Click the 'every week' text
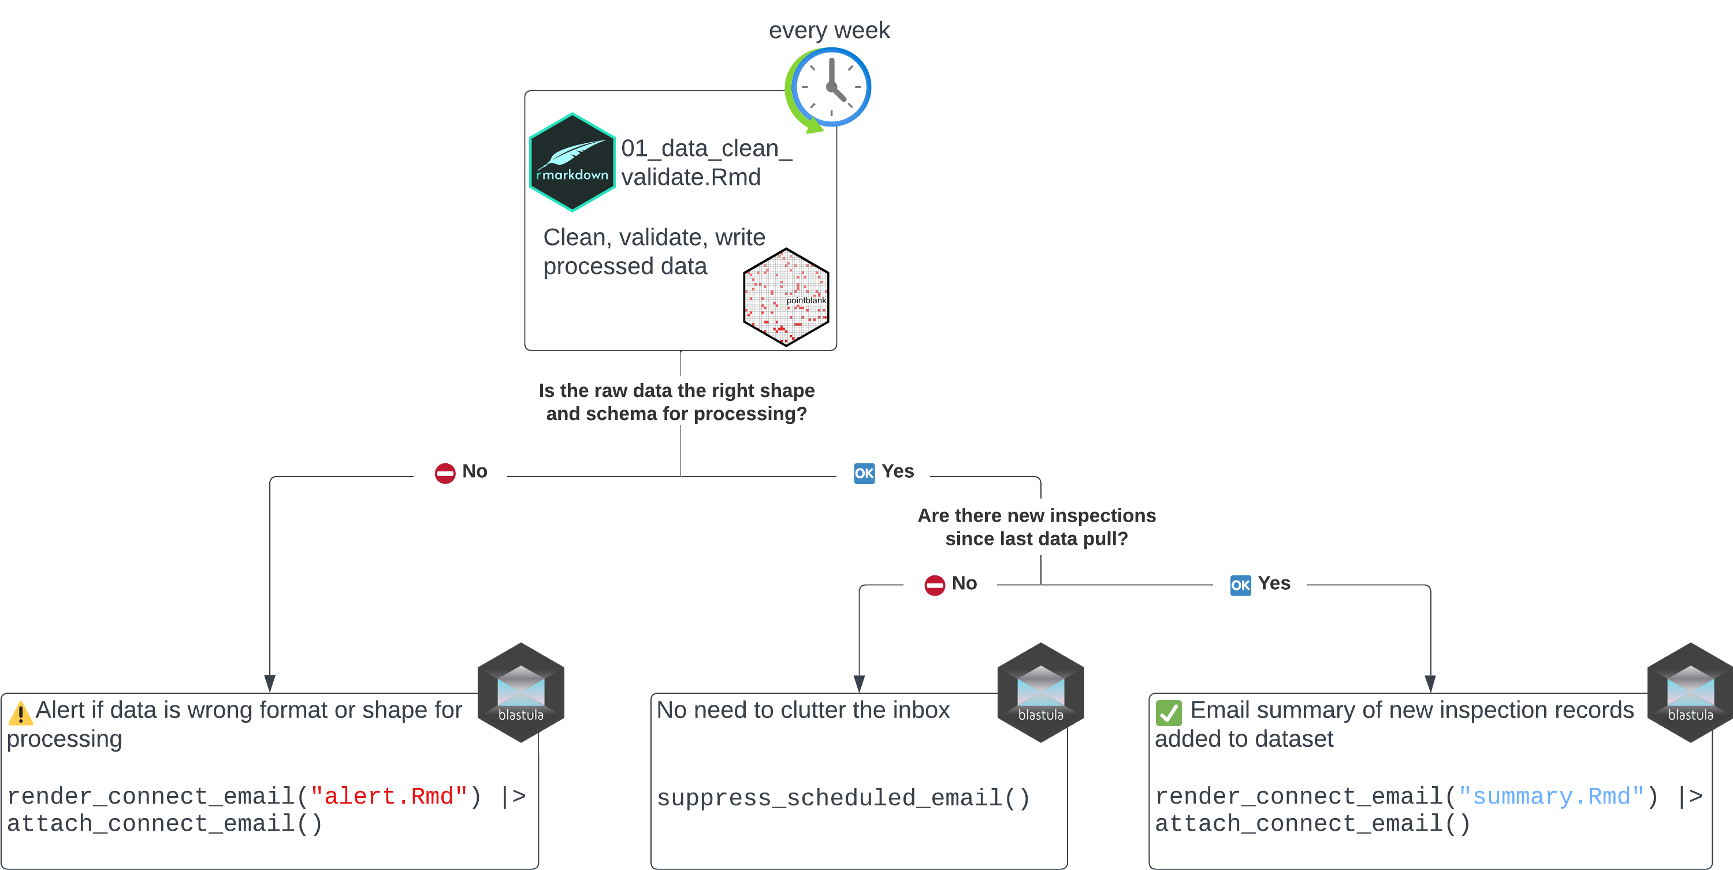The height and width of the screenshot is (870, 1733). (x=829, y=30)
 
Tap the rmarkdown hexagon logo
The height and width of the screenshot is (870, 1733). (x=572, y=162)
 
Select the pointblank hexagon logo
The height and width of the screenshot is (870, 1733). (x=786, y=297)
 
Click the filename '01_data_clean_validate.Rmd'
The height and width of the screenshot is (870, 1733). (x=706, y=162)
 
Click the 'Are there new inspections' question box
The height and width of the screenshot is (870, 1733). (x=1036, y=527)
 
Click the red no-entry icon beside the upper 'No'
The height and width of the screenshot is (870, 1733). (x=445, y=474)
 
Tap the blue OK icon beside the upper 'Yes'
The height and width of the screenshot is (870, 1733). (x=864, y=474)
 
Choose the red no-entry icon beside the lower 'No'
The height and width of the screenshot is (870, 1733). (x=935, y=585)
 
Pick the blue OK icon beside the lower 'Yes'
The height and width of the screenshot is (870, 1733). (x=1240, y=585)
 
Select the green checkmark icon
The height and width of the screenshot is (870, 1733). (x=1169, y=712)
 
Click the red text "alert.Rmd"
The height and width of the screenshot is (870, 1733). (x=388, y=797)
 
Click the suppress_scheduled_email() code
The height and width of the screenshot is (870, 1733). (x=843, y=798)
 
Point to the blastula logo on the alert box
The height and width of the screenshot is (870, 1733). (x=520, y=693)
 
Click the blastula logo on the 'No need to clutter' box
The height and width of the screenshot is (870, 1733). (x=1040, y=693)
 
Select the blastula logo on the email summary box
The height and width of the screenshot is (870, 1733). (x=1690, y=693)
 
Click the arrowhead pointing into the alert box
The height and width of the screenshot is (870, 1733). (x=270, y=683)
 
